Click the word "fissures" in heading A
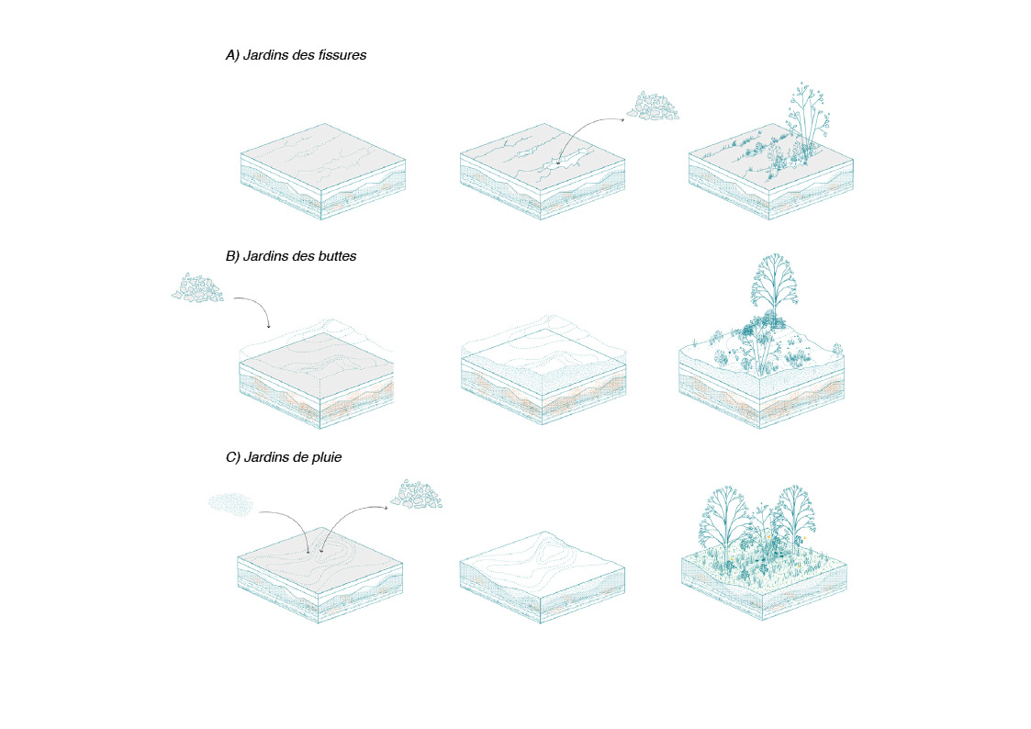342,55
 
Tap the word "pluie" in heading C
325,457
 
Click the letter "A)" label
233,55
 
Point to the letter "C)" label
233,457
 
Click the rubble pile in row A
653,107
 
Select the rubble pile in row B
197,288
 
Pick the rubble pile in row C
416,494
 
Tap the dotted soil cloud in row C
230,503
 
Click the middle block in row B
544,372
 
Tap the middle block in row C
543,578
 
